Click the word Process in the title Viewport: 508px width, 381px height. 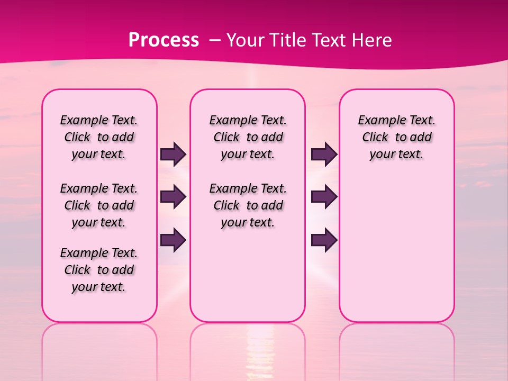[163, 40]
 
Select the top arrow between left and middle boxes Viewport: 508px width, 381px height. [173, 155]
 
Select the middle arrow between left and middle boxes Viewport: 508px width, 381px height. [173, 197]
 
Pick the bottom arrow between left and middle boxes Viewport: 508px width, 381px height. [173, 240]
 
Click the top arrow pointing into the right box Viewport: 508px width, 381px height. [324, 155]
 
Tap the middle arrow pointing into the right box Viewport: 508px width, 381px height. [324, 197]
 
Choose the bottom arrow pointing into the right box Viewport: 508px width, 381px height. [324, 240]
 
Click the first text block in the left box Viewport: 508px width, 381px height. [99, 137]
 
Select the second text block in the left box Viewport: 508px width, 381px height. [99, 205]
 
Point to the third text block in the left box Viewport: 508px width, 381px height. [99, 270]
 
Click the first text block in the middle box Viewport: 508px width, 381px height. [248, 137]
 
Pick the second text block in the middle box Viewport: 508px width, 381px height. [248, 205]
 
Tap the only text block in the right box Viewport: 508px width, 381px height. [396, 137]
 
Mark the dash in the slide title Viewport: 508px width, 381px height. [213, 40]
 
